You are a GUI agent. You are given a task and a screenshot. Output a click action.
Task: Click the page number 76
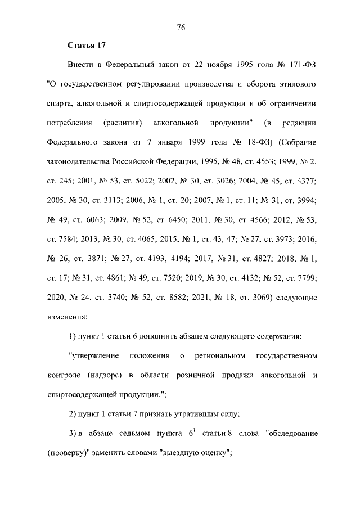pyautogui.click(x=181, y=27)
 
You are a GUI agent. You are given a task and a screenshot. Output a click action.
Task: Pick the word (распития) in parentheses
pyautogui.click(x=122, y=123)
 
